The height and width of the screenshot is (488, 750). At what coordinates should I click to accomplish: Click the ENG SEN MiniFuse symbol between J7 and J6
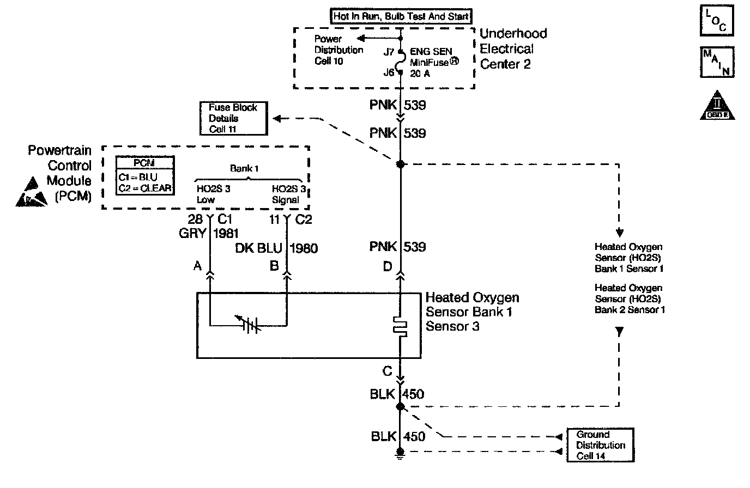click(401, 62)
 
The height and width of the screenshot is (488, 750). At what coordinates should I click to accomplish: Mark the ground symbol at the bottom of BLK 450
click(400, 454)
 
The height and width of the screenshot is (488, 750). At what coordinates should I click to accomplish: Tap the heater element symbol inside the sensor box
click(400, 326)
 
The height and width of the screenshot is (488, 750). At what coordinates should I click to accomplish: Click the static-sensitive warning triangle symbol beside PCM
click(31, 192)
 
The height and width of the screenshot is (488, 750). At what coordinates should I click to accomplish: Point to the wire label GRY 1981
click(209, 233)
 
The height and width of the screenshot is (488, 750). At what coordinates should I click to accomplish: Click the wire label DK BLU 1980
click(276, 248)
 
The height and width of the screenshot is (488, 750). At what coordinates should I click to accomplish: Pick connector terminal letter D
click(388, 266)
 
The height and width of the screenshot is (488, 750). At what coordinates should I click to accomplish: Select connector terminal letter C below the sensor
click(387, 371)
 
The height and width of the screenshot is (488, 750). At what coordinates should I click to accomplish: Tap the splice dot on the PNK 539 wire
click(401, 164)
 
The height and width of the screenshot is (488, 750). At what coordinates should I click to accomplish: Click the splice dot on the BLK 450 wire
click(400, 407)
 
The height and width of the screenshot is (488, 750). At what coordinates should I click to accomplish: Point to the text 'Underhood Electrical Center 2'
click(513, 49)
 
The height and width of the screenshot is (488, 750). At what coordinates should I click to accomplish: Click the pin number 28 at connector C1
click(195, 219)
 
